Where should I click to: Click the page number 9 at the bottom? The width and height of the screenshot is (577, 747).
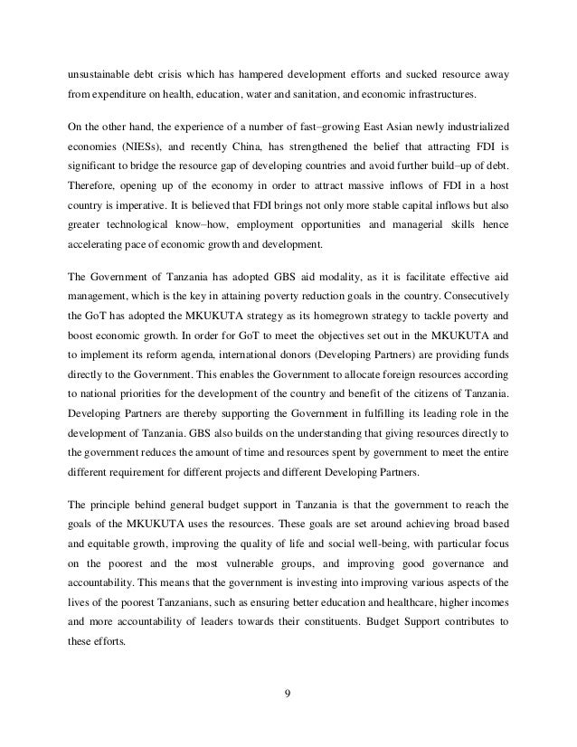(x=288, y=695)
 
